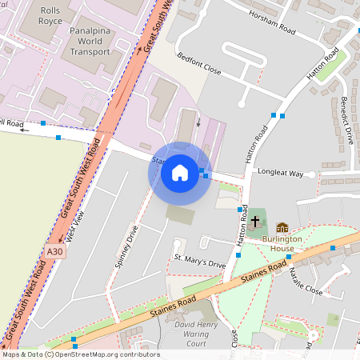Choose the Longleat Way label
click(279, 173)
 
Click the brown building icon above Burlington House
click(282, 229)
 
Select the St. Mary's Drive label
click(200, 262)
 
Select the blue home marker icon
click(180, 173)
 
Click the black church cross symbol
click(256, 220)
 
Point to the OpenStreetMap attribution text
click(80, 354)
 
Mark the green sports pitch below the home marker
click(180, 214)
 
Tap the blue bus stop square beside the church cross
click(241, 210)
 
